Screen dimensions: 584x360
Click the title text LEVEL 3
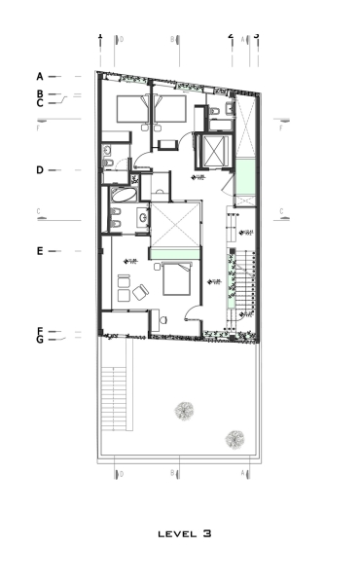(184, 533)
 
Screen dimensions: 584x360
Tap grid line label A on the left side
(40, 76)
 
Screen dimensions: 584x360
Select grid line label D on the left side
(40, 170)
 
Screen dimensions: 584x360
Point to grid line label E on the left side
(40, 251)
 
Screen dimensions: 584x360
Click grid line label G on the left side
(40, 341)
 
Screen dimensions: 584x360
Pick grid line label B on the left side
(40, 93)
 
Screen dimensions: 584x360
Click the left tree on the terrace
(182, 412)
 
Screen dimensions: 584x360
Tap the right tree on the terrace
(234, 439)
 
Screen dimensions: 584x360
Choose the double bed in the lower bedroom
(177, 279)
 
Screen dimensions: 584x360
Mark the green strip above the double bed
(175, 254)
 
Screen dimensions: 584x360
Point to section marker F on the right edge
(281, 128)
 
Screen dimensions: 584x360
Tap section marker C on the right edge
(281, 211)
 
